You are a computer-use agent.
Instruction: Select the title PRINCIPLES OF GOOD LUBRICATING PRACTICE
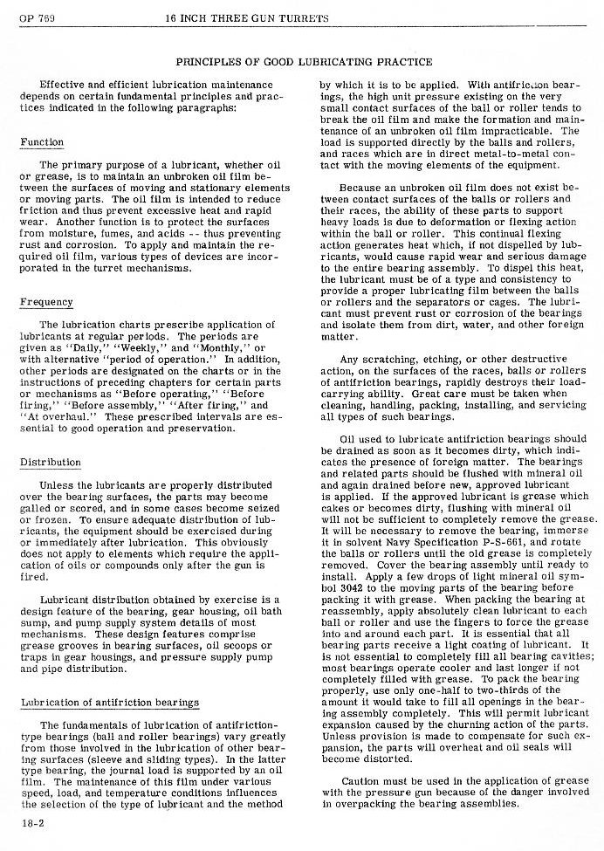pos(304,62)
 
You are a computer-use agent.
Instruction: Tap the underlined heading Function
pos(42,142)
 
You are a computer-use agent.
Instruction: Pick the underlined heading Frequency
pos(46,303)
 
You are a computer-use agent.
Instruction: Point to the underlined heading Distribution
pos(51,463)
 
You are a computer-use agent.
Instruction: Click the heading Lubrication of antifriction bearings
pos(109,703)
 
